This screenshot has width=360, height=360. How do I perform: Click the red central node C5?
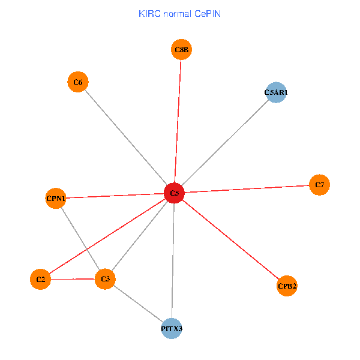[174, 193]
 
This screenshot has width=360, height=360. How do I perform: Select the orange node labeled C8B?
[181, 50]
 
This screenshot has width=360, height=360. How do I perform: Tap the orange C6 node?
[77, 82]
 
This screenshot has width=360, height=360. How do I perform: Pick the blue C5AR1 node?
[275, 92]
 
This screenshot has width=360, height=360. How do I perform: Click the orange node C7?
[319, 184]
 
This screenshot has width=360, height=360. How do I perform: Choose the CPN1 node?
[56, 198]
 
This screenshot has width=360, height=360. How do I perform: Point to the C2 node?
[40, 279]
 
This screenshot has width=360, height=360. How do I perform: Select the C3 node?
[105, 279]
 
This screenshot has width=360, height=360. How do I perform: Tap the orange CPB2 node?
[287, 286]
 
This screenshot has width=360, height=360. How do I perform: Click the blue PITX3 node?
[172, 329]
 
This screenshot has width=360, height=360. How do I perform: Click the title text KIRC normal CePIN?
[179, 13]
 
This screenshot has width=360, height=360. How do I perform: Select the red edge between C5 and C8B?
[178, 120]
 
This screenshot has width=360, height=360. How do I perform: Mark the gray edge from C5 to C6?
[126, 137]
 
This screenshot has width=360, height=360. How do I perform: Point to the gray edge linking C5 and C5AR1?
[225, 143]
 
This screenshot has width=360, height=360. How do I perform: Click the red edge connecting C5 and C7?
[246, 189]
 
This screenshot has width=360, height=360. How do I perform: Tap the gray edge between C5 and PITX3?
[173, 261]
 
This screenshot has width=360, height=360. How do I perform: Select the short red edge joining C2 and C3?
[73, 279]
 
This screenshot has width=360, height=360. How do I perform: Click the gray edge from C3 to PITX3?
[138, 304]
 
